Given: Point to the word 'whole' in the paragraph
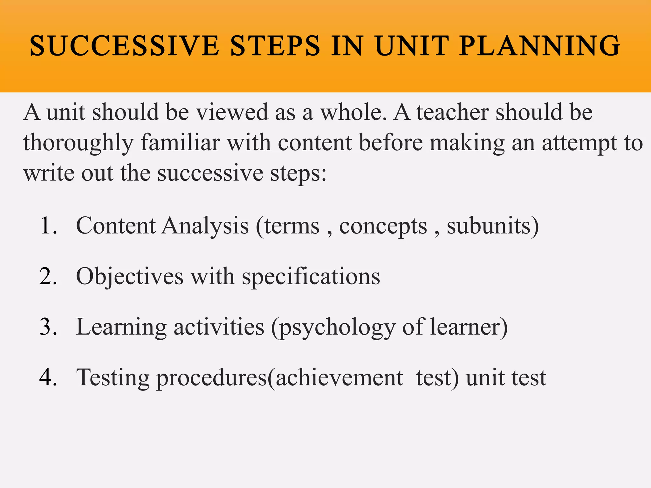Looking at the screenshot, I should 353,112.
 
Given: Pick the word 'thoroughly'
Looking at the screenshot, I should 78,143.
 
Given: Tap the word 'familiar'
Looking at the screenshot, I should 180,142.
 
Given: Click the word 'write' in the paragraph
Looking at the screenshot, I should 49,173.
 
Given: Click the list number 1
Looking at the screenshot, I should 49,226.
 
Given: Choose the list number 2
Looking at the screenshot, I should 49,276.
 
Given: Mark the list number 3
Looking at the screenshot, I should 49,327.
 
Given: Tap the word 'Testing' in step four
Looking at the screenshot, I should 113,378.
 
